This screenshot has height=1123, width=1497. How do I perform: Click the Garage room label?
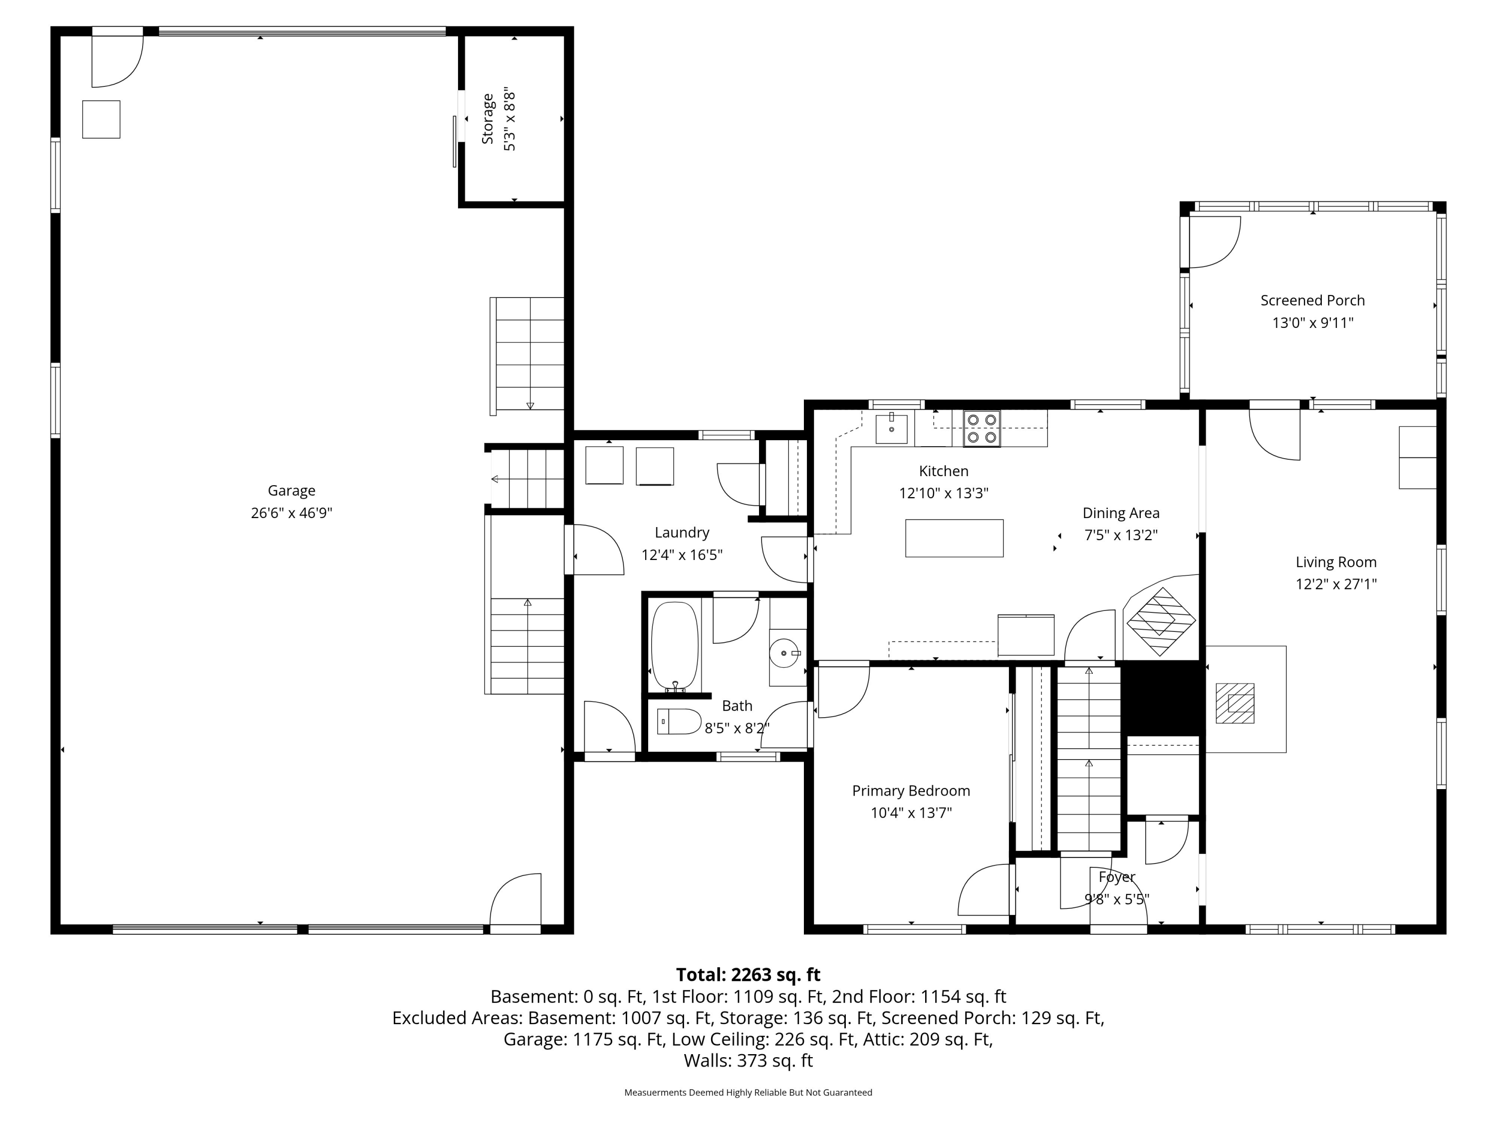click(x=292, y=491)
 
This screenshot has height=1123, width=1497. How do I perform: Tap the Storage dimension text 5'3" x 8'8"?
click(x=509, y=122)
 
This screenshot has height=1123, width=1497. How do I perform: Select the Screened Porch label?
click(x=1312, y=300)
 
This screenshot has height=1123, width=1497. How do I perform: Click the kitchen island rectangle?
click(x=954, y=538)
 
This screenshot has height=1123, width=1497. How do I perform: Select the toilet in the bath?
click(x=679, y=722)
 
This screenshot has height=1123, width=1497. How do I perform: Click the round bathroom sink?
click(x=785, y=653)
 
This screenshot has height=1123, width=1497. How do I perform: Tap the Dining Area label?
click(x=1121, y=513)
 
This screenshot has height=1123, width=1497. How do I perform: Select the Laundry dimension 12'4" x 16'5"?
click(x=682, y=555)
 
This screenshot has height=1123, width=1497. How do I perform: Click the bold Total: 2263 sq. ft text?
click(x=748, y=975)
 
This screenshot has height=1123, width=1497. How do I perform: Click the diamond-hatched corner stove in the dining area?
click(x=1161, y=621)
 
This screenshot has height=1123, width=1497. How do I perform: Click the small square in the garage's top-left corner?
click(x=101, y=120)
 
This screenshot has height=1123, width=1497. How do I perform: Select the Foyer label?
click(x=1117, y=877)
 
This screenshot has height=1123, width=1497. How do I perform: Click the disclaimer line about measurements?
click(x=748, y=1093)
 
